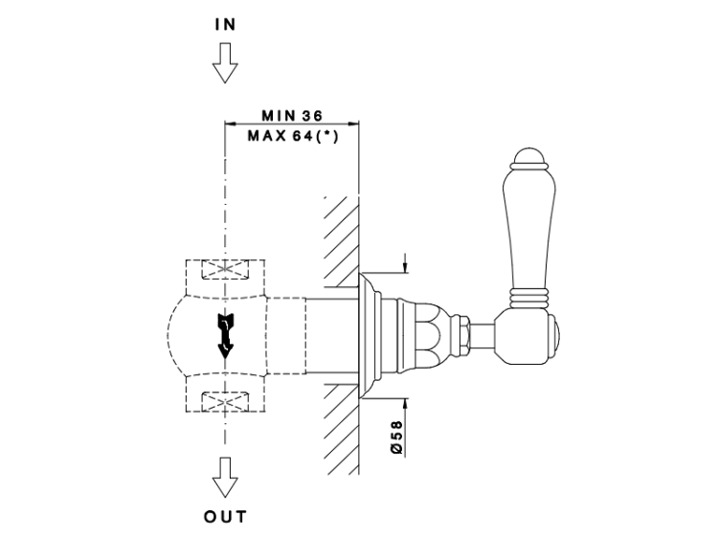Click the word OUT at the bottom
point(225,517)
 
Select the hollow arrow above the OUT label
point(225,475)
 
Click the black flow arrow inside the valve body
point(225,333)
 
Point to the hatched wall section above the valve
point(340,239)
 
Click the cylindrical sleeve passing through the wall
point(330,332)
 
